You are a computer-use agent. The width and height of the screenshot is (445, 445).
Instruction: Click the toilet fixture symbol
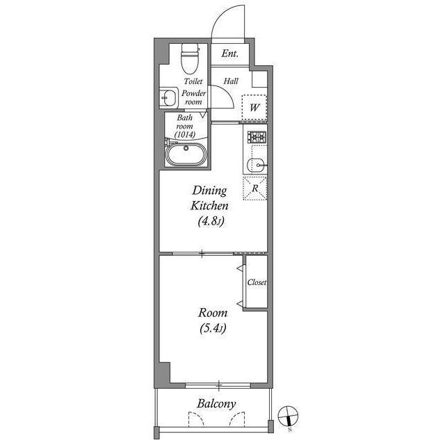tap(188, 60)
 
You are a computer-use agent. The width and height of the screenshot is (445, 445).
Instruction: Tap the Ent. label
tap(230, 54)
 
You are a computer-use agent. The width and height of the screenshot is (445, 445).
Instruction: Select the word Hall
tap(231, 81)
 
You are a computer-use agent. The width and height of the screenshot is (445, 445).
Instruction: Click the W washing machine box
tap(255, 108)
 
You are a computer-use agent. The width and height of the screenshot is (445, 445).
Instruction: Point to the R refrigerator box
tap(255, 187)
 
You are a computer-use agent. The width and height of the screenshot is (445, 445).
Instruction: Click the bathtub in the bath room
tap(186, 153)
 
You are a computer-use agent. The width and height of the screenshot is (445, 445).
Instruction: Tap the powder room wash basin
tap(168, 98)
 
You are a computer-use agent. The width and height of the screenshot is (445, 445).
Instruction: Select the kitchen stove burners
tap(256, 138)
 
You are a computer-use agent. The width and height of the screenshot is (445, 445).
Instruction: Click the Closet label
tap(257, 283)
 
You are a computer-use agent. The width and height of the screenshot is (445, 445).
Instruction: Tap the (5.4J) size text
tap(212, 327)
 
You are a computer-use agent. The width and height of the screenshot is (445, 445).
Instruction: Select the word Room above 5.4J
tap(212, 313)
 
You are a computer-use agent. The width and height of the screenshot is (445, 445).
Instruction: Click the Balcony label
tap(216, 403)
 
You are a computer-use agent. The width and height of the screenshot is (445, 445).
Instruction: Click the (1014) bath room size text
tap(185, 135)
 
